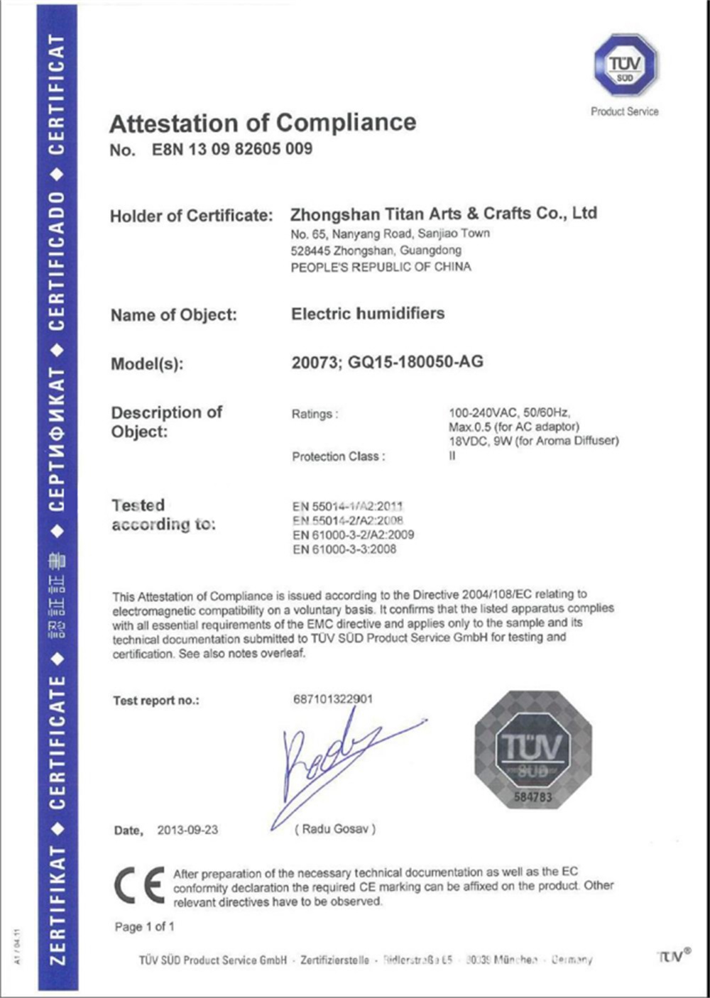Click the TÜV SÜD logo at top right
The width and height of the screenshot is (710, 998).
[x=625, y=65]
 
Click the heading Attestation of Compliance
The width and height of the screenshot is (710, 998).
[x=263, y=123]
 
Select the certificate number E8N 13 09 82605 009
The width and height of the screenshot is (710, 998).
[x=231, y=149]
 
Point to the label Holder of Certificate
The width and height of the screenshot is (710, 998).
[x=191, y=216]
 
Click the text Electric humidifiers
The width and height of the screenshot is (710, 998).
[x=368, y=314]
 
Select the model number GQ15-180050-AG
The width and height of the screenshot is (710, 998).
[x=415, y=362]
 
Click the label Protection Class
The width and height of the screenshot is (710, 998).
[x=338, y=456]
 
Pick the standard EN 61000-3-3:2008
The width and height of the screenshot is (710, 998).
[x=344, y=549]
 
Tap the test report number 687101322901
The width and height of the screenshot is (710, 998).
[x=332, y=699]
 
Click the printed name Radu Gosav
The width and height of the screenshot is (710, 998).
[x=335, y=828]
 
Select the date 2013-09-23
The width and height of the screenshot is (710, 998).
[x=187, y=830]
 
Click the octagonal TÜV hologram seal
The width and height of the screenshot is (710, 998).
[x=532, y=750]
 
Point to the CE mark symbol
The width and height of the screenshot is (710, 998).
[x=139, y=886]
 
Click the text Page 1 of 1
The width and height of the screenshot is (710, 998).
[x=144, y=926]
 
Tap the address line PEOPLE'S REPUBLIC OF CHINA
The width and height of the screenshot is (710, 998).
[x=381, y=267]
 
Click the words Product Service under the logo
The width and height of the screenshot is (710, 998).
[x=624, y=111]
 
